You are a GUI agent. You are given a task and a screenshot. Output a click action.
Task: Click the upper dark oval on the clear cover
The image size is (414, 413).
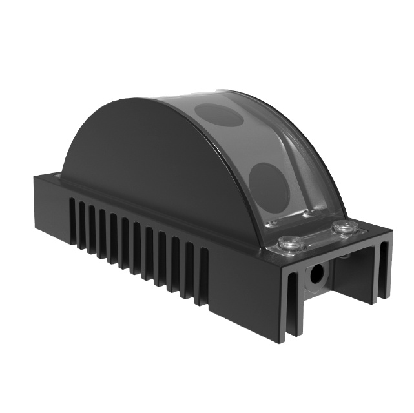tap(219, 114)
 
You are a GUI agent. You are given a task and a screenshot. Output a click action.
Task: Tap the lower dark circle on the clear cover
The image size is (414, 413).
tap(272, 183)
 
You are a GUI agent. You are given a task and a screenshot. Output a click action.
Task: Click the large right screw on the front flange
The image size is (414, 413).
tap(344, 228)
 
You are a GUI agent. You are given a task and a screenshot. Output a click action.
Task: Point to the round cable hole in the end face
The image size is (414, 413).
tap(316, 274)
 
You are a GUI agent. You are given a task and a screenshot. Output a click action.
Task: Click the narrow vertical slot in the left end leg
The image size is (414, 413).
tap(292, 303)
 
